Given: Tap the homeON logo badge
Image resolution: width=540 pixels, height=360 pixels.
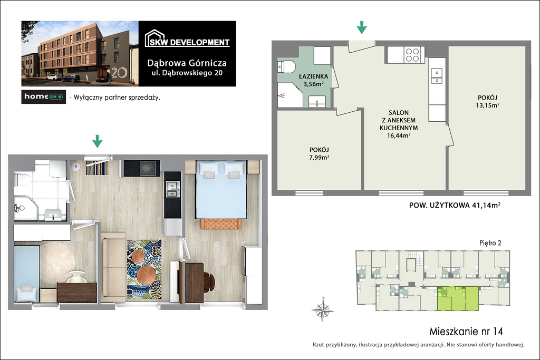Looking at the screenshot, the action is [43, 96].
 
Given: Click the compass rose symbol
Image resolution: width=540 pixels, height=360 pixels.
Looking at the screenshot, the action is [323, 309].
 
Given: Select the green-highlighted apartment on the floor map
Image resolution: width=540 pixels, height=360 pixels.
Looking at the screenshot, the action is [458, 298].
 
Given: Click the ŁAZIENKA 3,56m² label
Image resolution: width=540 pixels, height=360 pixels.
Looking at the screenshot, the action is [313, 80].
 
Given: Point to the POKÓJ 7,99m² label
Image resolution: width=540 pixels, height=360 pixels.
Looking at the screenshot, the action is [319, 153].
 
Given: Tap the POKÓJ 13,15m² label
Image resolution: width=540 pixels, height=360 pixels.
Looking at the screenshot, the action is [487, 101].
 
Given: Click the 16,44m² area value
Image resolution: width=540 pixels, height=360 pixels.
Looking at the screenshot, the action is [399, 135].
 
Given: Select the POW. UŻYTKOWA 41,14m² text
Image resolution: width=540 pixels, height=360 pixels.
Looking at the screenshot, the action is [455, 205].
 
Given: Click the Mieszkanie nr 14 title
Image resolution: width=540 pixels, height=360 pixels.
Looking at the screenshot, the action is [466, 332].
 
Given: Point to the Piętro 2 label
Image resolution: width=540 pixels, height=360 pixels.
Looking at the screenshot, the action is [490, 242].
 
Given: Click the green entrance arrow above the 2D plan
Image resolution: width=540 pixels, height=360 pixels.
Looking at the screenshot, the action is [362, 27].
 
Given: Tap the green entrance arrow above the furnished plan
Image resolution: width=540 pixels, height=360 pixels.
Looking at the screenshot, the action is [98, 141].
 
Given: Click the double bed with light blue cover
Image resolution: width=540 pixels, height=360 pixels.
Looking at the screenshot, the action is [221, 190].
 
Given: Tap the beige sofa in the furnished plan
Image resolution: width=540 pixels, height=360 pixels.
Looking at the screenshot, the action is [113, 267].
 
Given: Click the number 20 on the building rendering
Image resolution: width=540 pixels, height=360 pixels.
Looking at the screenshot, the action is [119, 73].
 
